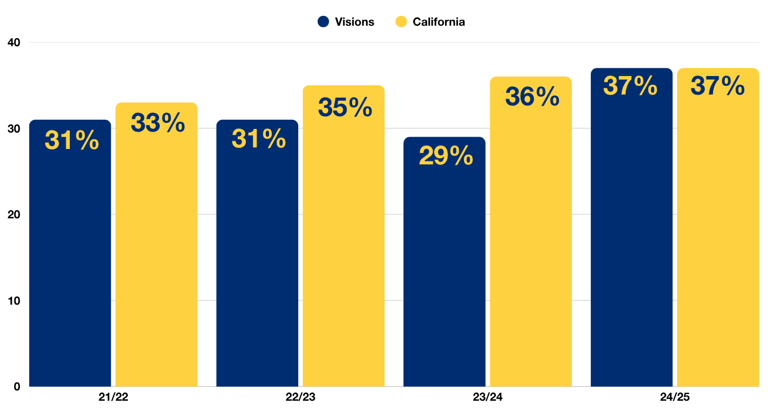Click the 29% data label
pos(446,156)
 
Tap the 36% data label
pos(532,97)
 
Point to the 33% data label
pos(158,123)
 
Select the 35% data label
pos(345,107)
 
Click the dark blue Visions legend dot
pos(323,22)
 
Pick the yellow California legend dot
pos(401,22)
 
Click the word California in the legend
pos(439,22)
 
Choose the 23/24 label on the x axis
pos(488,397)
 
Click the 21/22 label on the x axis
pos(113,397)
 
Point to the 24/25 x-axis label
pos(675,397)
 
